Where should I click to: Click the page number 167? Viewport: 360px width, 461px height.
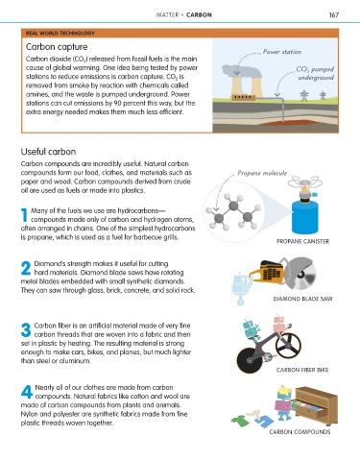(334, 15)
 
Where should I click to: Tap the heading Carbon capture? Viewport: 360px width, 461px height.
(57, 47)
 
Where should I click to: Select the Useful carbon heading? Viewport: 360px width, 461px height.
(48, 152)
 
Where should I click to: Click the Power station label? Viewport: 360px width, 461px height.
(282, 52)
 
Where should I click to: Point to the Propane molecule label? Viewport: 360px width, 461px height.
(262, 173)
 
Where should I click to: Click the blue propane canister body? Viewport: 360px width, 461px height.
(305, 217)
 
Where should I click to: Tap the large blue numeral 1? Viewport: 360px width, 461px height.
(24, 215)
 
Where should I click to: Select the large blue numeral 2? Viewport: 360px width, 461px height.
(26, 268)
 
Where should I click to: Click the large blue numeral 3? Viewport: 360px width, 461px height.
(26, 329)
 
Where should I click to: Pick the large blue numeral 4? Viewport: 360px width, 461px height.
(27, 392)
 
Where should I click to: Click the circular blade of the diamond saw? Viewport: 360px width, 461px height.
(300, 274)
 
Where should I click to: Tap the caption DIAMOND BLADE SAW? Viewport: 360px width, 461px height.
(302, 299)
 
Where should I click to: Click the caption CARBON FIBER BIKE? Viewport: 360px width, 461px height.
(302, 370)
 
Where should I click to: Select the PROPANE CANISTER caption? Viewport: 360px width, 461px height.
(302, 241)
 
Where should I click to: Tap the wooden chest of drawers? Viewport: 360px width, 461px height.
(316, 405)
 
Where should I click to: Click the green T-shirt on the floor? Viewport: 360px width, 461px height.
(240, 421)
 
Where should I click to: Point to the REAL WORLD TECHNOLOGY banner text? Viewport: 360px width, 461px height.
(60, 33)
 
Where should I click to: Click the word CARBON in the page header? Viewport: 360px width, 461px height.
(199, 15)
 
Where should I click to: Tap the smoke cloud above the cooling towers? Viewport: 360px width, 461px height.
(242, 71)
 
